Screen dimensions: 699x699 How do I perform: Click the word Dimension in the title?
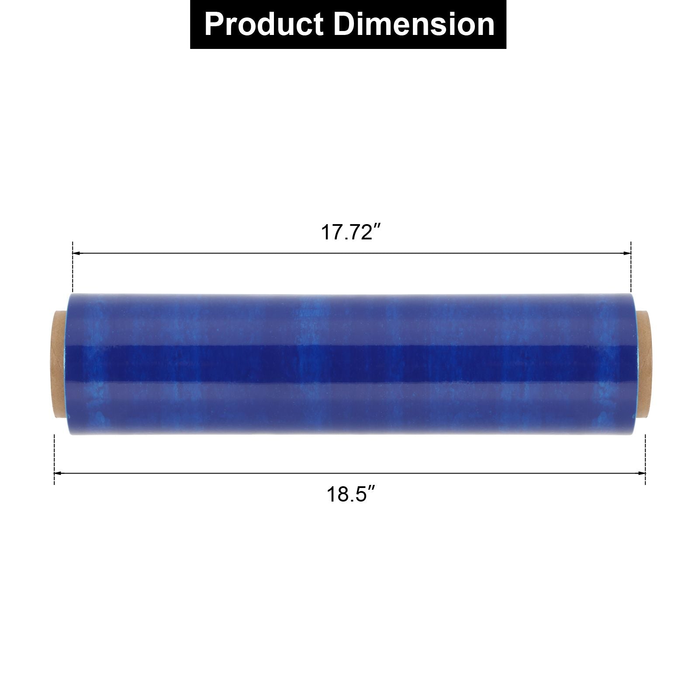pyautogui.click(x=414, y=24)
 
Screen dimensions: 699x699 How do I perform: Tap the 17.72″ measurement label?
pyautogui.click(x=349, y=232)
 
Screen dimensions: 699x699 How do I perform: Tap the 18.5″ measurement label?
pyautogui.click(x=351, y=495)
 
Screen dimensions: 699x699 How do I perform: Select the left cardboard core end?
pyautogui.click(x=60, y=365)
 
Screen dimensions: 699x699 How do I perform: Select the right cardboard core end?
pyautogui.click(x=641, y=365)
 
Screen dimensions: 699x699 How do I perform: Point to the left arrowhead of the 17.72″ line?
pyautogui.click(x=75, y=253)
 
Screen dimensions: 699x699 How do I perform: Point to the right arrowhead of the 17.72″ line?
pyautogui.click(x=627, y=253)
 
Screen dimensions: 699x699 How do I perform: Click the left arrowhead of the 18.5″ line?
pyautogui.click(x=57, y=473)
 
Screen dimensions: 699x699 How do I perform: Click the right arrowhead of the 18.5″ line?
pyautogui.click(x=642, y=473)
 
